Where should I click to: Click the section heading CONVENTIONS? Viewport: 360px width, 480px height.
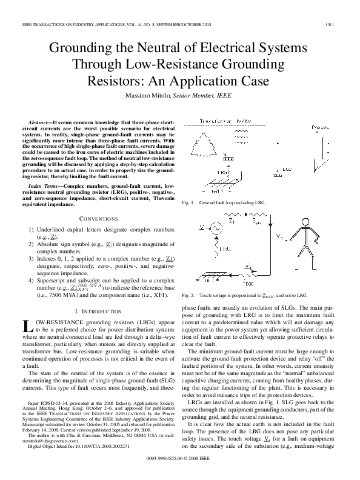(x=98, y=218)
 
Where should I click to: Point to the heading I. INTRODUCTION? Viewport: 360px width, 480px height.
(x=98, y=310)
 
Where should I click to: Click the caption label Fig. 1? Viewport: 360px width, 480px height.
(x=188, y=202)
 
